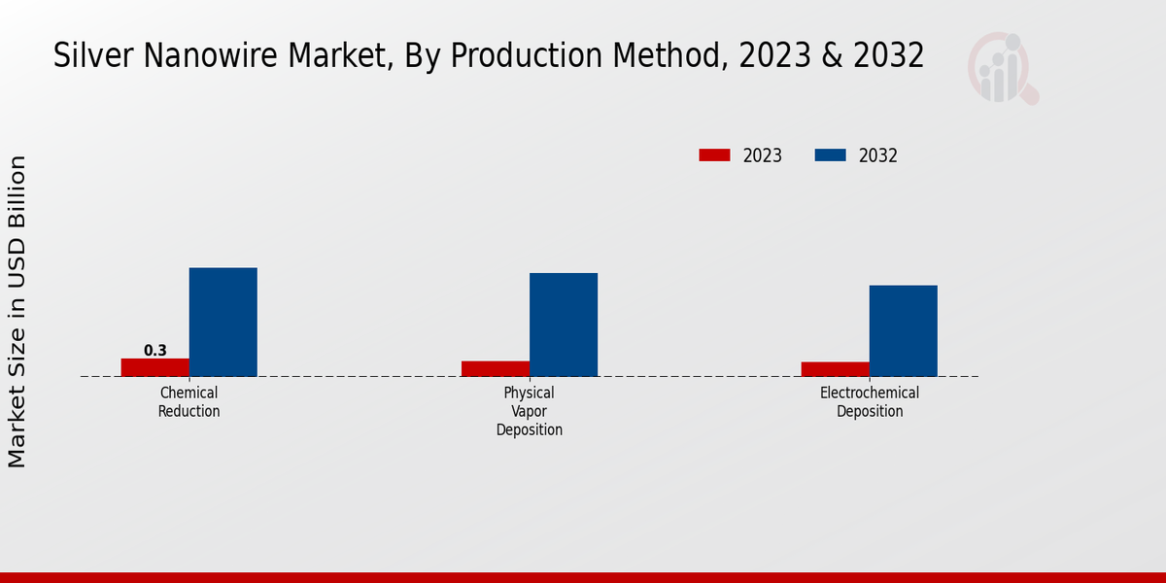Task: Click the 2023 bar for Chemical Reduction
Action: pos(155,367)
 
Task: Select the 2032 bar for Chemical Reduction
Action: pos(223,322)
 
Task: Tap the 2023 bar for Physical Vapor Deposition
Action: pos(496,368)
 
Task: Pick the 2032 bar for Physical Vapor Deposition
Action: pos(564,325)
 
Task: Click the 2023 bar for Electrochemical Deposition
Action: pos(836,369)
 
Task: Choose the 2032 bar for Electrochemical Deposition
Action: pos(904,330)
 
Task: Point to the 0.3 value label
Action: pos(155,351)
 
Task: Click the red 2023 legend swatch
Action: pos(714,155)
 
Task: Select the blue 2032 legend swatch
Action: pos(830,155)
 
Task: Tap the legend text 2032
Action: pos(878,155)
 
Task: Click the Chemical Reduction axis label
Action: pos(189,402)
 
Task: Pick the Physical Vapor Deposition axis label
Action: pos(530,411)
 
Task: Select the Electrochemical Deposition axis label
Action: pos(870,402)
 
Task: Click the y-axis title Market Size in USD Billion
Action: pos(17,311)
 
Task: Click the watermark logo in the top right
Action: pos(1002,68)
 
